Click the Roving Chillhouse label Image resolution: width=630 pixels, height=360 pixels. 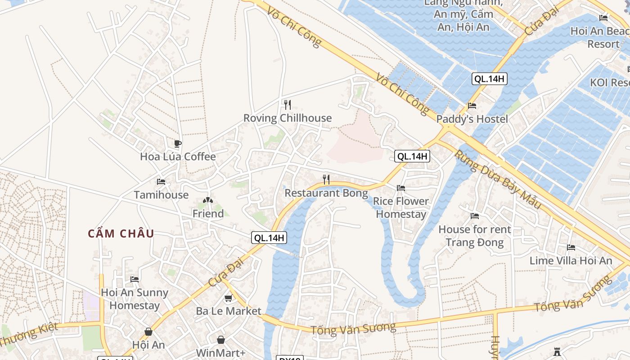coord(288,118)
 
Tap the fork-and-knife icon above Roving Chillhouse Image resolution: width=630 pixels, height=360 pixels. coord(288,105)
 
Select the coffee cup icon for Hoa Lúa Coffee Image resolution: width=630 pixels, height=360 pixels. coord(178,144)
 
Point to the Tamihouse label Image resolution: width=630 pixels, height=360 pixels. coord(161,195)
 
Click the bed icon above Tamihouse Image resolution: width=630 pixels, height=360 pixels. coord(161,182)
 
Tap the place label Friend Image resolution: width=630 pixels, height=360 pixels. coord(208,214)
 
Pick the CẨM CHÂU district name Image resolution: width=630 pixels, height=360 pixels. coord(121,234)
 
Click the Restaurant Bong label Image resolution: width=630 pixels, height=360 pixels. coord(326,193)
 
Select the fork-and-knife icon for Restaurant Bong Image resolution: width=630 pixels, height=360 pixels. coord(326,180)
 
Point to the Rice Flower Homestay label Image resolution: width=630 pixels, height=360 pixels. coord(401,207)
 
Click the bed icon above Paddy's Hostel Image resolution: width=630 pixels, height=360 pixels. coord(472,106)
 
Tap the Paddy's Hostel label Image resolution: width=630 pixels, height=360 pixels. coord(472,119)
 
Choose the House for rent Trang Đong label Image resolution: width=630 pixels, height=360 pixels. coord(475,236)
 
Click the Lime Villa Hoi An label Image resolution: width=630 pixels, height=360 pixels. coord(571,261)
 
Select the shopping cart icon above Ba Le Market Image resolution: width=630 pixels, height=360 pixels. coord(229,298)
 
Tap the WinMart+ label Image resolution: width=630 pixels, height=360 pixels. coord(220,353)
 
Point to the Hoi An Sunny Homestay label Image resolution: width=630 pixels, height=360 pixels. coord(135,299)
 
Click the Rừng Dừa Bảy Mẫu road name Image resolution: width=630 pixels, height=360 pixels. coord(497,179)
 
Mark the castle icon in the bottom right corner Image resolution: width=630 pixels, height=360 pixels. coord(557,351)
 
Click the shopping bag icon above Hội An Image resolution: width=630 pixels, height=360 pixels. coord(148,332)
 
